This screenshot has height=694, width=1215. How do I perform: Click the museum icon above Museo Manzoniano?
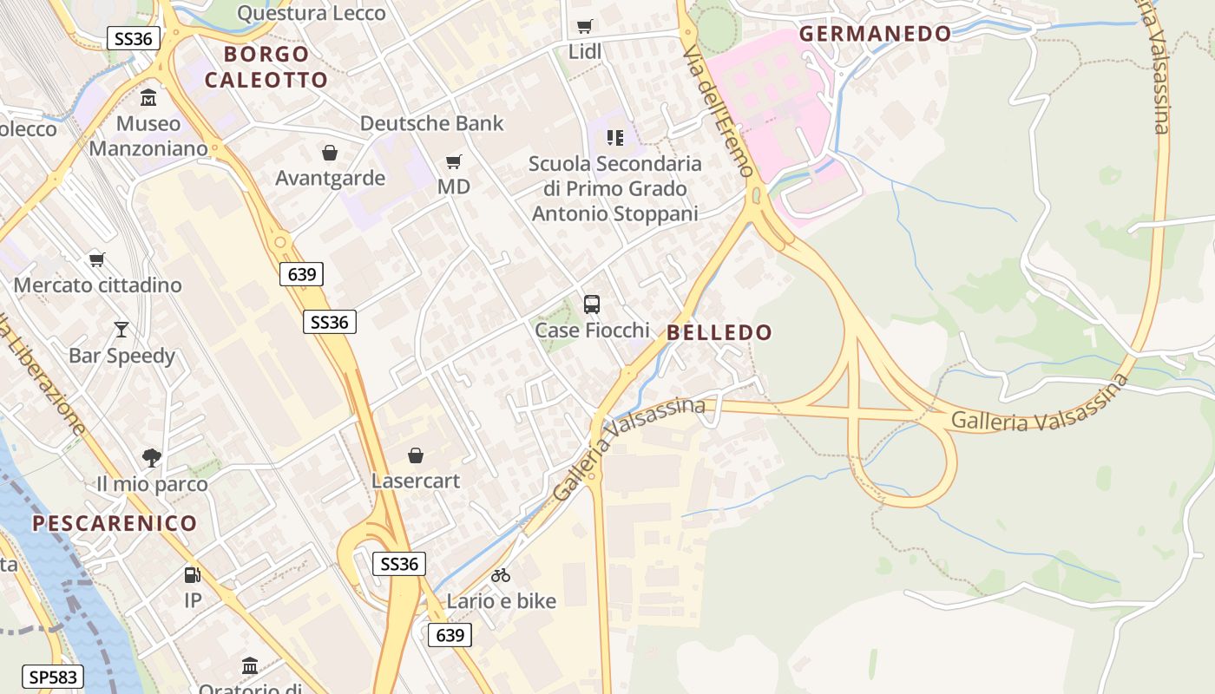click(148, 97)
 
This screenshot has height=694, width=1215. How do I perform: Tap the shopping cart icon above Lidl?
click(585, 27)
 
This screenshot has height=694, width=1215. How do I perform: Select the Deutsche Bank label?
click(431, 123)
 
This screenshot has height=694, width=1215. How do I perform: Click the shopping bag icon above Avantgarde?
click(330, 153)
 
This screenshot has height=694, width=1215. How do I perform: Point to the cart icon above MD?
click(454, 161)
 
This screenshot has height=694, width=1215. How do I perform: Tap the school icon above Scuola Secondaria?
click(615, 138)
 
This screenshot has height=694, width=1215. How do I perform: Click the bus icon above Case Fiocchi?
click(592, 304)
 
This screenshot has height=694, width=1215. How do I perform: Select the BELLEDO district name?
click(719, 332)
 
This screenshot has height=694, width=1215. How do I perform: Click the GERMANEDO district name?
click(875, 34)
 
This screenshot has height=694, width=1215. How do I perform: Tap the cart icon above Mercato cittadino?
click(97, 259)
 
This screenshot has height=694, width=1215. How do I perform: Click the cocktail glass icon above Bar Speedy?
click(121, 330)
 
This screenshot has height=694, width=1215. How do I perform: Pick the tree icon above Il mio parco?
click(152, 457)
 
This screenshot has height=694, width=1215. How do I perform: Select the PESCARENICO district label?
click(115, 523)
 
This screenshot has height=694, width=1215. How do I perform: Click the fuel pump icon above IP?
click(193, 574)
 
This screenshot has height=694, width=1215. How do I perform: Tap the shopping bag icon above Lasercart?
click(416, 455)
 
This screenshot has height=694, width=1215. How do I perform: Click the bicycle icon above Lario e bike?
click(501, 574)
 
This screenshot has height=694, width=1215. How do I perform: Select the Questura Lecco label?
click(311, 13)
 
